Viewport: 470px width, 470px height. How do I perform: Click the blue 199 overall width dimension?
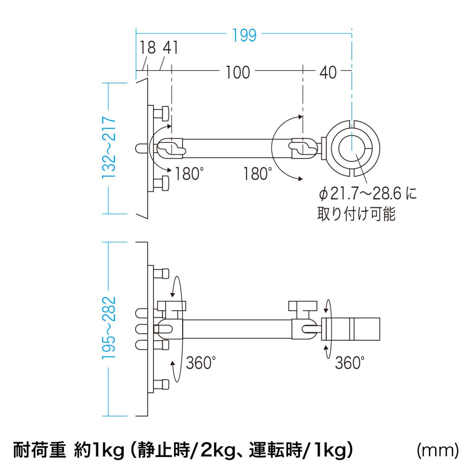pyautogui.click(x=244, y=35)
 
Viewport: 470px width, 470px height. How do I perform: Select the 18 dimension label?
pyautogui.click(x=148, y=48)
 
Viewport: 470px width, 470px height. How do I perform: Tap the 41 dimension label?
pyautogui.click(x=171, y=48)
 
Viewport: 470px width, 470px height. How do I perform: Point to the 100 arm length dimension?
pyautogui.click(x=237, y=72)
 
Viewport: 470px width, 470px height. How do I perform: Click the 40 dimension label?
pyautogui.click(x=328, y=72)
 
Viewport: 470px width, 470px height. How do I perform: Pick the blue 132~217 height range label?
pyautogui.click(x=110, y=148)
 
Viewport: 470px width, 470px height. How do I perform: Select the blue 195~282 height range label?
pyautogui.click(x=110, y=328)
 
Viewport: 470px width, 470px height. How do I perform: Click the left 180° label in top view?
pyautogui.click(x=190, y=174)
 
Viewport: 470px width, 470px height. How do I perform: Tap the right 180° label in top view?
pyautogui.click(x=257, y=174)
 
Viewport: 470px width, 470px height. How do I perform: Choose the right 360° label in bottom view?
pyautogui.click(x=350, y=363)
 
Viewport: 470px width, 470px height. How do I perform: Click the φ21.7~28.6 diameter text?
pyautogui.click(x=367, y=193)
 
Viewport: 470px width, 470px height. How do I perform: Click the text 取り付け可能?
pyautogui.click(x=356, y=213)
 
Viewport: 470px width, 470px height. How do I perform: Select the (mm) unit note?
pyautogui.click(x=437, y=450)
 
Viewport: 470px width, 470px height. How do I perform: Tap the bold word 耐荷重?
pyautogui.click(x=40, y=450)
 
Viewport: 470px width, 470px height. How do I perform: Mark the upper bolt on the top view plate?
pyautogui.click(x=161, y=114)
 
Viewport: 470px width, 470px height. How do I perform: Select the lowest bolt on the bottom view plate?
pyautogui.click(x=161, y=384)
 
